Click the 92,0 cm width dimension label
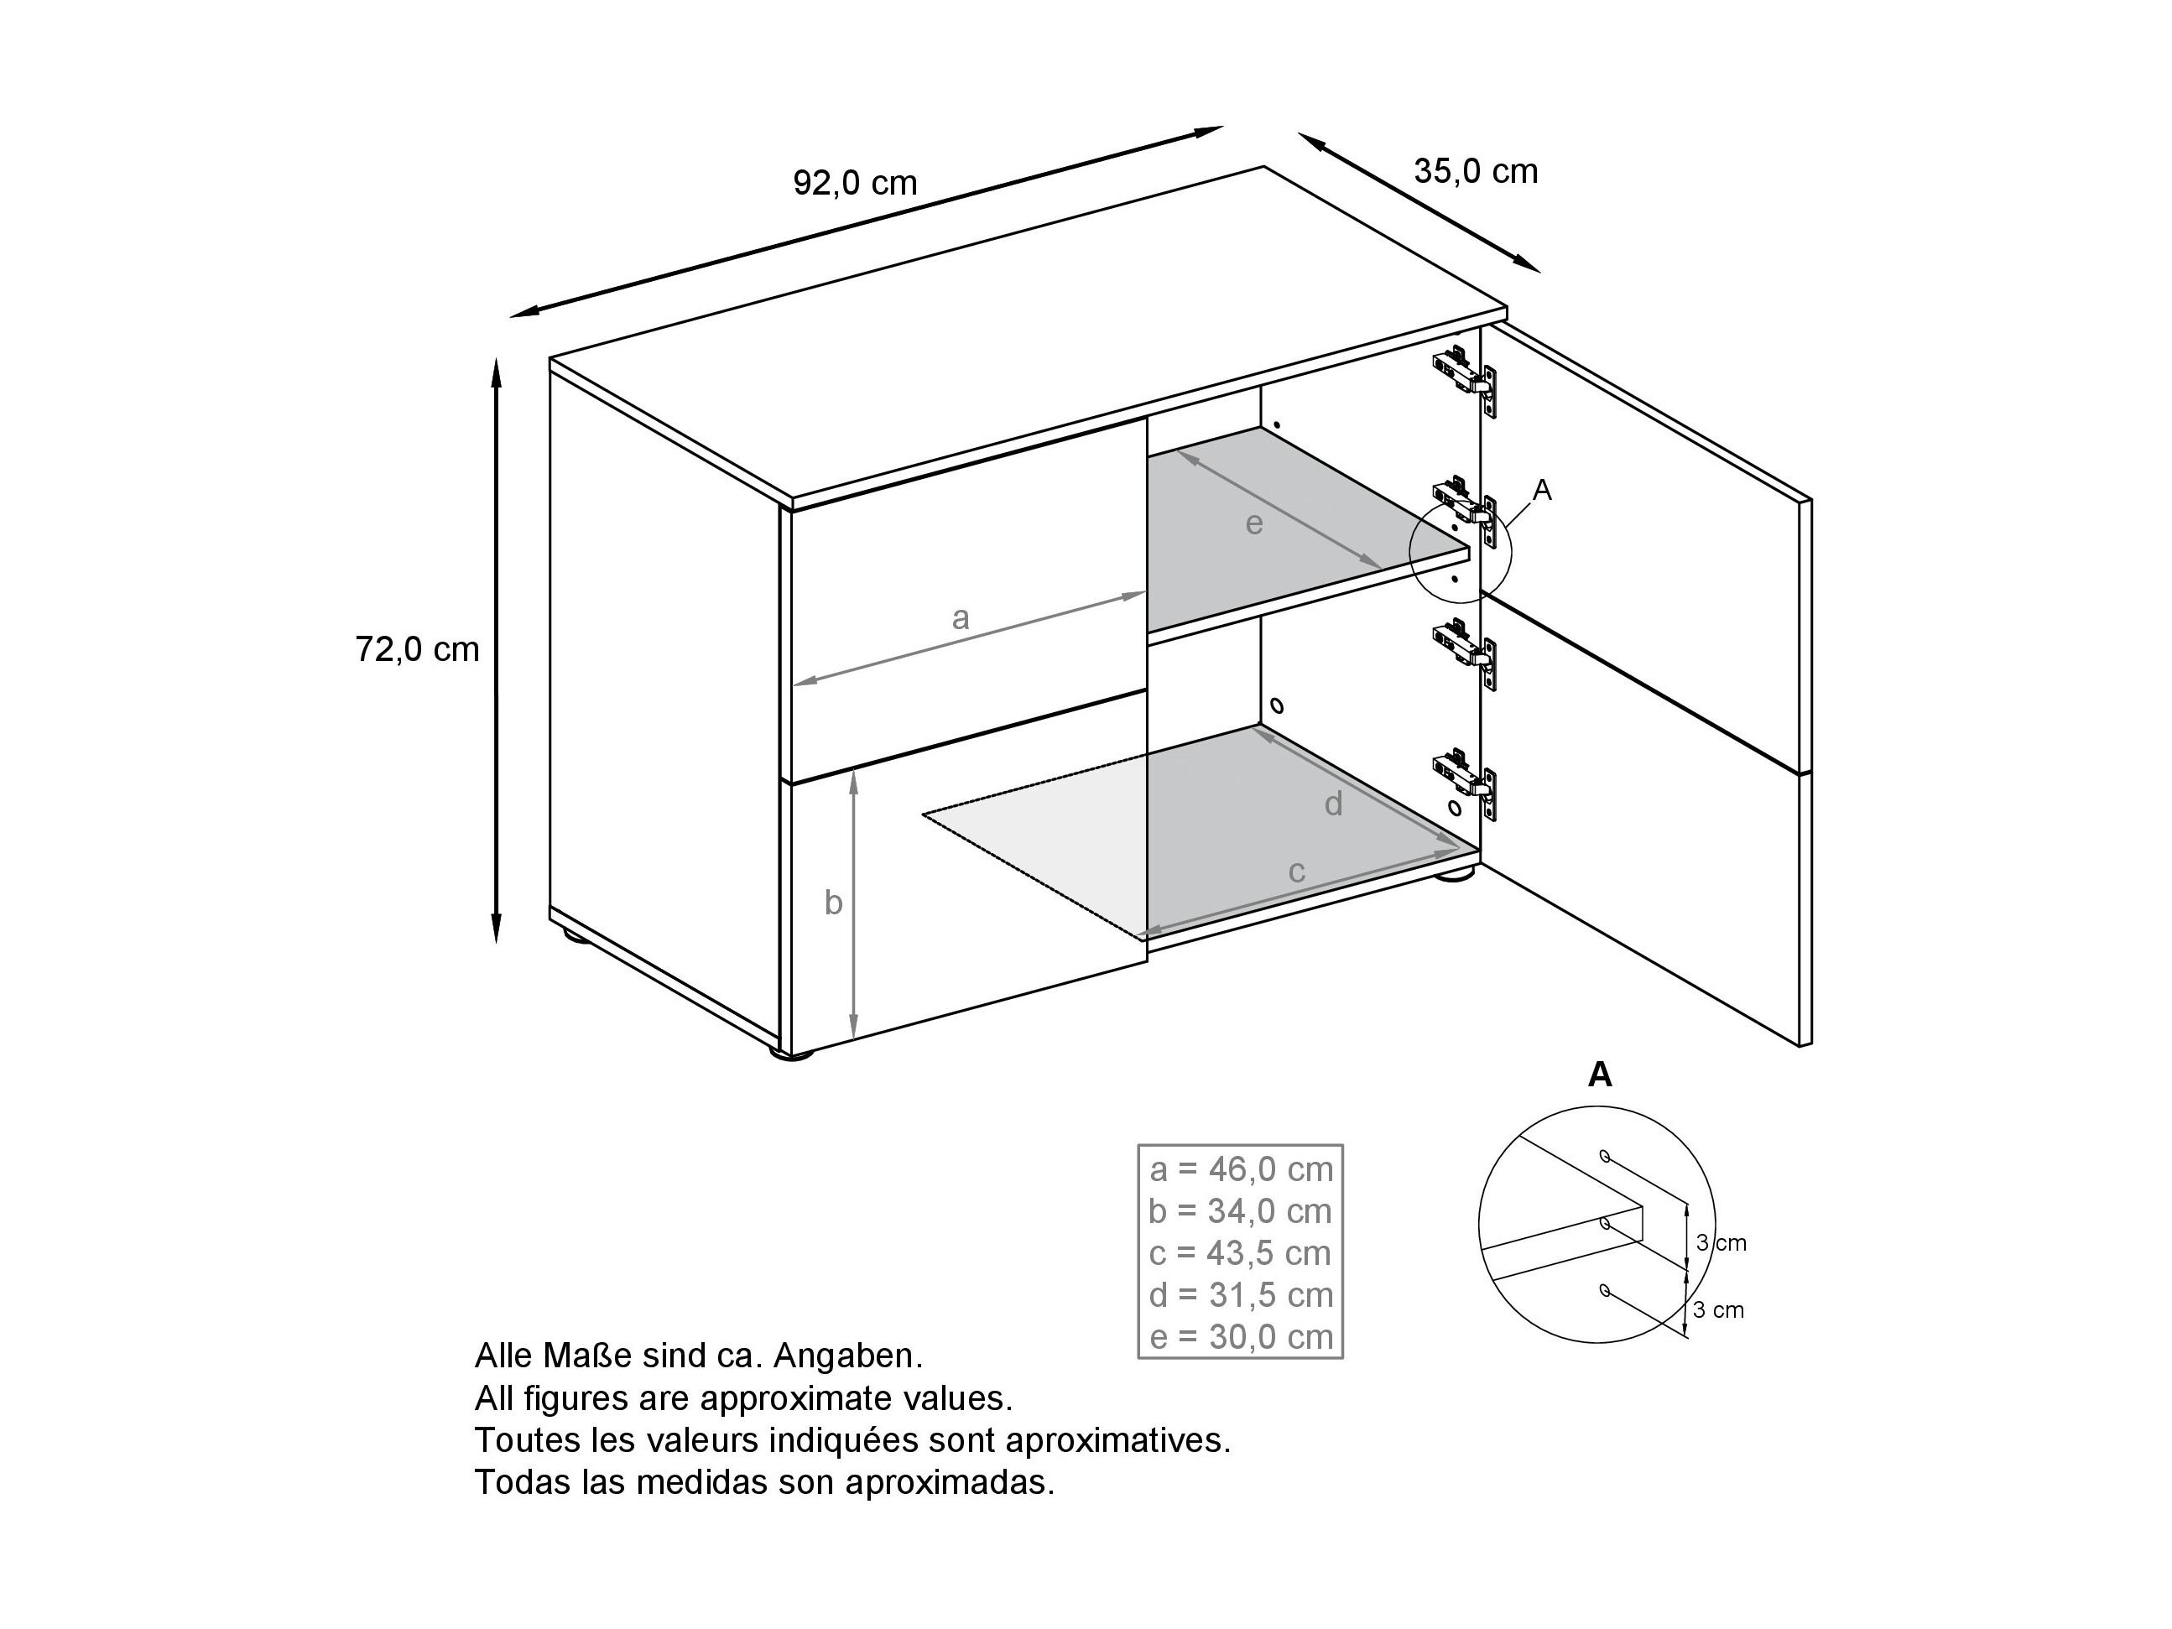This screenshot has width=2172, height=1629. (x=854, y=183)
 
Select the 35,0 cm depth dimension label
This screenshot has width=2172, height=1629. (x=1475, y=172)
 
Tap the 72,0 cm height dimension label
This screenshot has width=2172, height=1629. (x=417, y=649)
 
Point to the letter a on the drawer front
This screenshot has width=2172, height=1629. (x=961, y=618)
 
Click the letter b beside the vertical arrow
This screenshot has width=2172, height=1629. (x=833, y=902)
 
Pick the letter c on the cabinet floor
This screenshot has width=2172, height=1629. (x=1296, y=872)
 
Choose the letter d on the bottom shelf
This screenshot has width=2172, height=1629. (x=1332, y=804)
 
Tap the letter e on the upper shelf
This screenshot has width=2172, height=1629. (x=1254, y=524)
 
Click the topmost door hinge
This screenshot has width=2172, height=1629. (x=1465, y=379)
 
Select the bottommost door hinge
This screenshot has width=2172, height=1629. (x=1465, y=783)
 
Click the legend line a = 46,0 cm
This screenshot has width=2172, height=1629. (x=1241, y=1169)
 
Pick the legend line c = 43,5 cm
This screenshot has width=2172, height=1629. (x=1240, y=1254)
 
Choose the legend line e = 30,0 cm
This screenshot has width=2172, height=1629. (x=1241, y=1337)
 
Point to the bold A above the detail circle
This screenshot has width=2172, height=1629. (x=1600, y=1075)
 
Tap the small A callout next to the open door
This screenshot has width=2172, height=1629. (x=1542, y=490)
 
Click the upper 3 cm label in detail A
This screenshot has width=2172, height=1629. (x=1721, y=1243)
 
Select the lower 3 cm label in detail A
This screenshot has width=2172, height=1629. (x=1719, y=1310)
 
